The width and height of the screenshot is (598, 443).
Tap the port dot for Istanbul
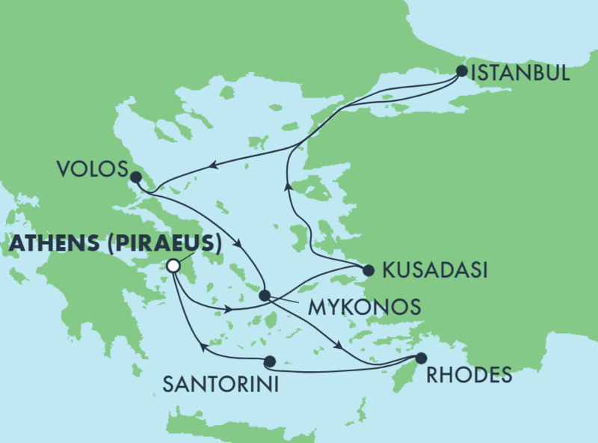coord(461,72)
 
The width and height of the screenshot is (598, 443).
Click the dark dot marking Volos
coord(135,177)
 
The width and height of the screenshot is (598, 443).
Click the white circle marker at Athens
coord(173,266)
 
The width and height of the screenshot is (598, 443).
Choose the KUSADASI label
coord(434,271)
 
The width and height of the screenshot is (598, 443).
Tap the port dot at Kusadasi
coord(367,270)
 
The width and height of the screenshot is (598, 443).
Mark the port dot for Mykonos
coord(264,296)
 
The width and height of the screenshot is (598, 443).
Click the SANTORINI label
coord(221,385)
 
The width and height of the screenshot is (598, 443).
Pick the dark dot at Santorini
coord(269,360)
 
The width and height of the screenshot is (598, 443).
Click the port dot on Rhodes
coord(421,358)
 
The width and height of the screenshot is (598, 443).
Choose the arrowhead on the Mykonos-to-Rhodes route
coord(340,346)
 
